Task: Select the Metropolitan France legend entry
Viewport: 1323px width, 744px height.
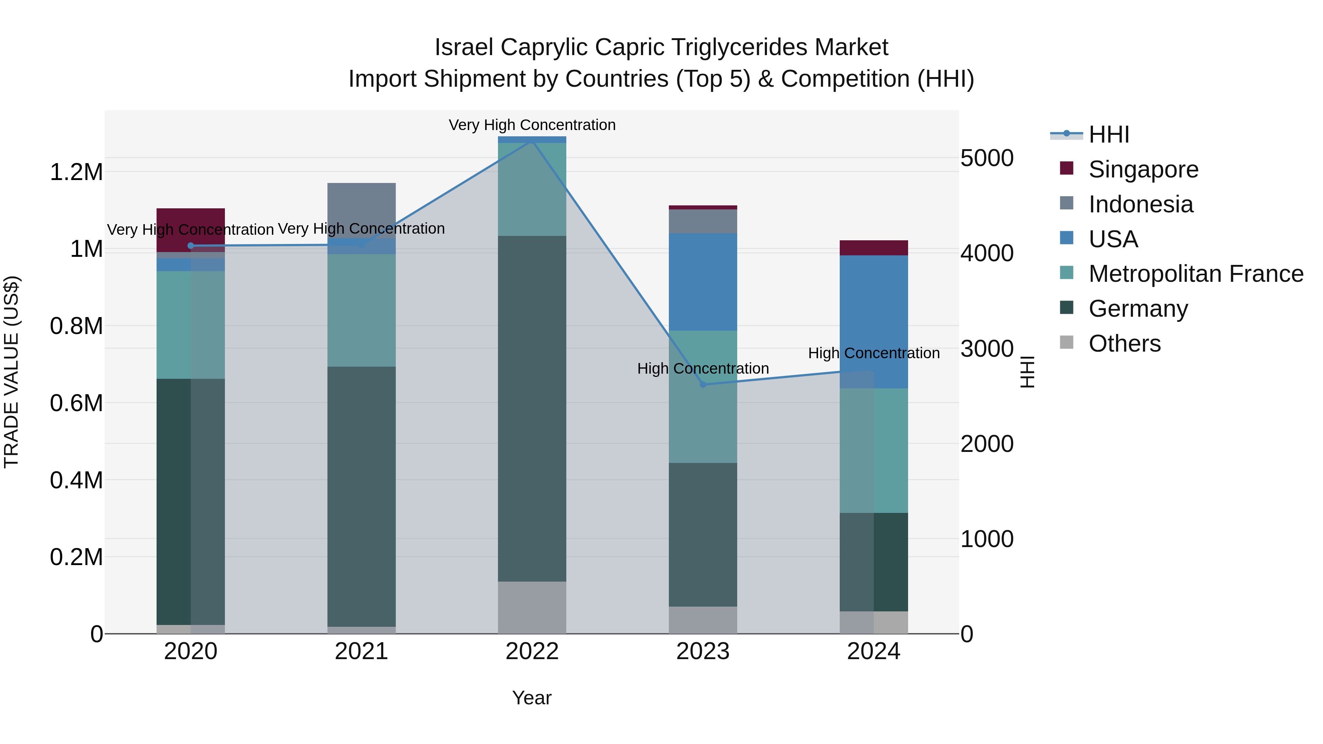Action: click(1195, 274)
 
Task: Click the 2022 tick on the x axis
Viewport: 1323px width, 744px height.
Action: click(532, 651)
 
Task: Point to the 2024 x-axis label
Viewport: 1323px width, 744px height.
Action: click(873, 651)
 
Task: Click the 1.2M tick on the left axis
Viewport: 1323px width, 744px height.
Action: click(76, 172)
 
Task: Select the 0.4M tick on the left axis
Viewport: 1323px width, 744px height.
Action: click(76, 480)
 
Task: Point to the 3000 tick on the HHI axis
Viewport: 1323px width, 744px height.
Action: click(987, 349)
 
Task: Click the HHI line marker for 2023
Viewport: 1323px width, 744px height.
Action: click(703, 385)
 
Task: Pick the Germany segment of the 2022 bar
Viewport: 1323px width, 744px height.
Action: click(532, 408)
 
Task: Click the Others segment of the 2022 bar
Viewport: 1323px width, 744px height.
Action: click(532, 607)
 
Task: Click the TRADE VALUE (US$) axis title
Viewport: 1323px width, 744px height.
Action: click(11, 372)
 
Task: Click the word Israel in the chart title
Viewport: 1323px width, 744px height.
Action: click(464, 47)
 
